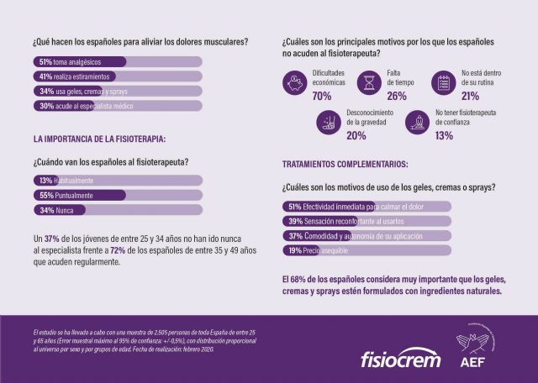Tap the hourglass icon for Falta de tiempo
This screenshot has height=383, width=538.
pyautogui.click(x=370, y=82)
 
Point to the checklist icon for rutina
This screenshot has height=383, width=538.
pyautogui.click(x=443, y=82)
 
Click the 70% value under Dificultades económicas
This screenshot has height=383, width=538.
pyautogui.click(x=322, y=96)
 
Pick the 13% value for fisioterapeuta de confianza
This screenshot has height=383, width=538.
pyautogui.click(x=444, y=135)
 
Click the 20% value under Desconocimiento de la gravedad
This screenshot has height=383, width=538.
pyautogui.click(x=356, y=135)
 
